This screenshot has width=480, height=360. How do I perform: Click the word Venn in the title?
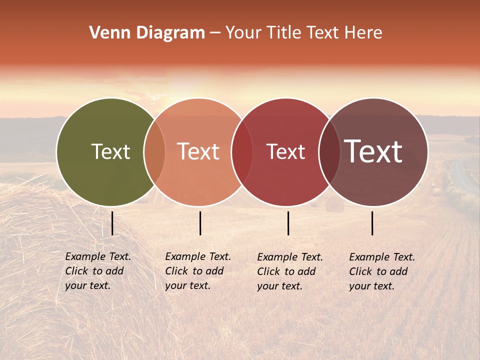click(x=106, y=33)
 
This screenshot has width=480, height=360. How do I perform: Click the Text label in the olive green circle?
click(x=110, y=151)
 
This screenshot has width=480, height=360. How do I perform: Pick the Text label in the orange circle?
click(x=198, y=151)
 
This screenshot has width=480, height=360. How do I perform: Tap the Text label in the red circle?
click(x=285, y=151)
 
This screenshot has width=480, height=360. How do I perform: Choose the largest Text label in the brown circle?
click(x=373, y=151)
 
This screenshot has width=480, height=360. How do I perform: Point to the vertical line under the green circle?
click(x=112, y=223)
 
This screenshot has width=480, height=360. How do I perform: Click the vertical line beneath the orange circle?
click(x=200, y=223)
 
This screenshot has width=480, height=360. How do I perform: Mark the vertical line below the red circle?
click(x=288, y=223)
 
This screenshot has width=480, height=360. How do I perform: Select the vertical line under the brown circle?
click(x=372, y=223)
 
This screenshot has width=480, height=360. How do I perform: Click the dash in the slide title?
click(x=215, y=33)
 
